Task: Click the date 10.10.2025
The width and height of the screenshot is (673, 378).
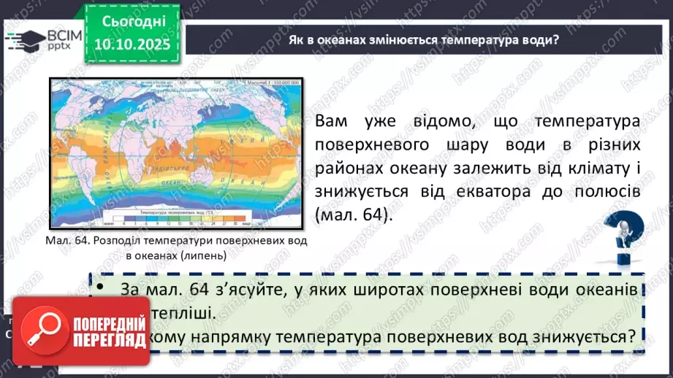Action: tap(126, 45)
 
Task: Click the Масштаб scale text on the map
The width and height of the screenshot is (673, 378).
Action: tap(272, 84)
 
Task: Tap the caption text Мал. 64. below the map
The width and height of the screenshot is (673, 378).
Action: tap(67, 241)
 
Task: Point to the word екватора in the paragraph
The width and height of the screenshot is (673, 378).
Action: tap(509, 193)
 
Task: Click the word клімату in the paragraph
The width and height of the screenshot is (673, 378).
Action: tap(590, 169)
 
